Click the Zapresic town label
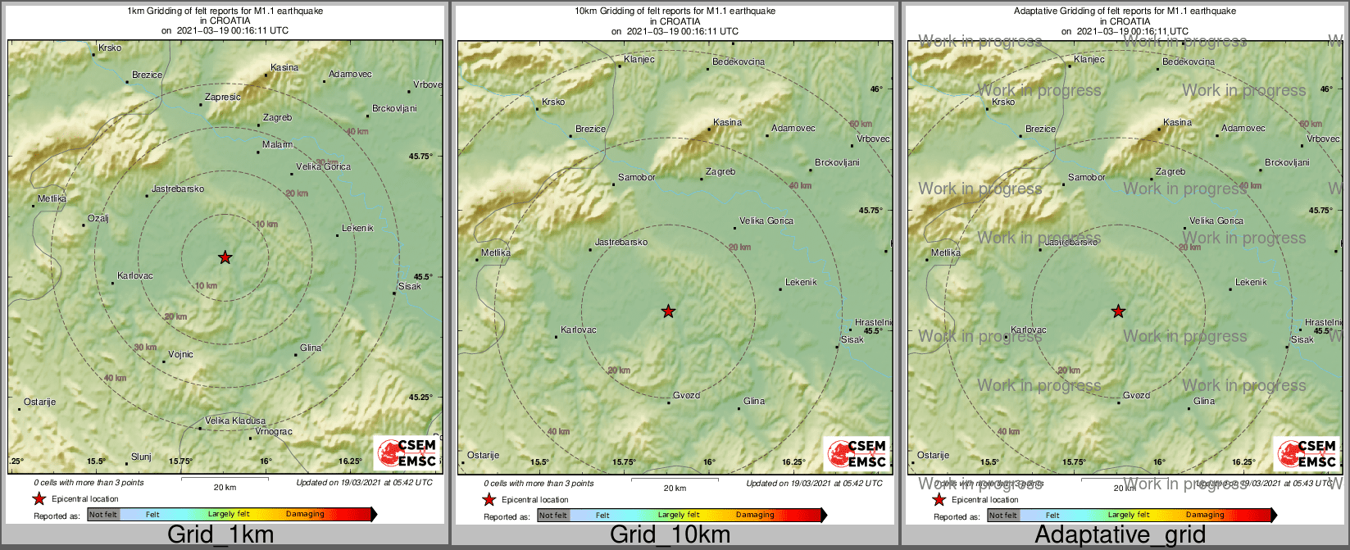[x=222, y=97]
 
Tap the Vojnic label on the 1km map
[x=180, y=355]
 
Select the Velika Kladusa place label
[x=235, y=420]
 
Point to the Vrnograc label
[x=274, y=432]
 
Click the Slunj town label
[x=141, y=457]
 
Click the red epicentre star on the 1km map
[x=225, y=257]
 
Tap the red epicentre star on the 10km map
[x=668, y=311]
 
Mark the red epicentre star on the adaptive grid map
[x=1118, y=311]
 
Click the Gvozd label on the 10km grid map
[x=686, y=396]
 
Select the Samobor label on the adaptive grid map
[x=1086, y=178]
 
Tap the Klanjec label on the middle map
[x=639, y=60]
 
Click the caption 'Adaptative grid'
[x=1120, y=535]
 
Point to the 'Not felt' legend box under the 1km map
[x=103, y=515]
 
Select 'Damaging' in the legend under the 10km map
[x=754, y=516]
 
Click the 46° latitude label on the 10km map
[x=876, y=89]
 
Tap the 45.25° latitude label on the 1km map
[x=420, y=398]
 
